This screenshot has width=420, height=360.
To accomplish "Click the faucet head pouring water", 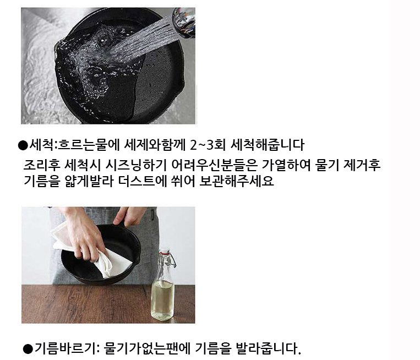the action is pos(185,22).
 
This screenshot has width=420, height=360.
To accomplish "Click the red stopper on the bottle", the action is pos(163,252).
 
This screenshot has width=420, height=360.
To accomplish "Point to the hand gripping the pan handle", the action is pos(128,216).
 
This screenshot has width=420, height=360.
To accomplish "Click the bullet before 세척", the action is pos(23,145).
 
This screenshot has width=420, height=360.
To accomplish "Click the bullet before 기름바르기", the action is pos(28,349).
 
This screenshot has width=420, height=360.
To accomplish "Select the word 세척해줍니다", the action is pos(268,145).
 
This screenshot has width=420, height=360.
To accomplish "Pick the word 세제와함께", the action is pos(155,145).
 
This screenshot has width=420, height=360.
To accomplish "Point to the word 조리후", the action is pos(41,165).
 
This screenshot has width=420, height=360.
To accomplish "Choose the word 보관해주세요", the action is pos(237,181).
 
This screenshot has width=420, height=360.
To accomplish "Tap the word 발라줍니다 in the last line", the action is pos(269,348).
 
